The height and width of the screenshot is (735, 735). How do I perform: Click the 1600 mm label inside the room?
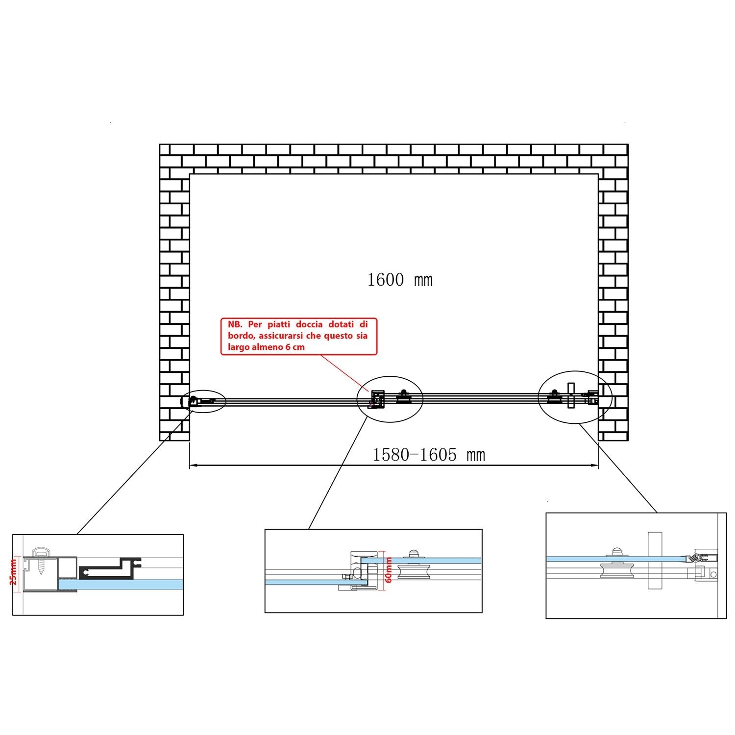coord(400,280)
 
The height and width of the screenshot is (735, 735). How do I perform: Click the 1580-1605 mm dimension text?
coord(429,455)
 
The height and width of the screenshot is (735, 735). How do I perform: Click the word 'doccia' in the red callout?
coord(304,324)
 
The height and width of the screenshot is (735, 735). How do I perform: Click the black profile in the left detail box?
coord(109,568)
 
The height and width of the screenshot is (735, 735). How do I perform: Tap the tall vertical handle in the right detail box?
coord(655,561)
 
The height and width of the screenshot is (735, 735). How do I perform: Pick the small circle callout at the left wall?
coord(203,402)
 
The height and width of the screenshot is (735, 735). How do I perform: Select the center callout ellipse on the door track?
coord(390,399)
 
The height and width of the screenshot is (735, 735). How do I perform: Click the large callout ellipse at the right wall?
coord(575,396)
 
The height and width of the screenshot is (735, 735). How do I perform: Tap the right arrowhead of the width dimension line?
coord(594,465)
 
